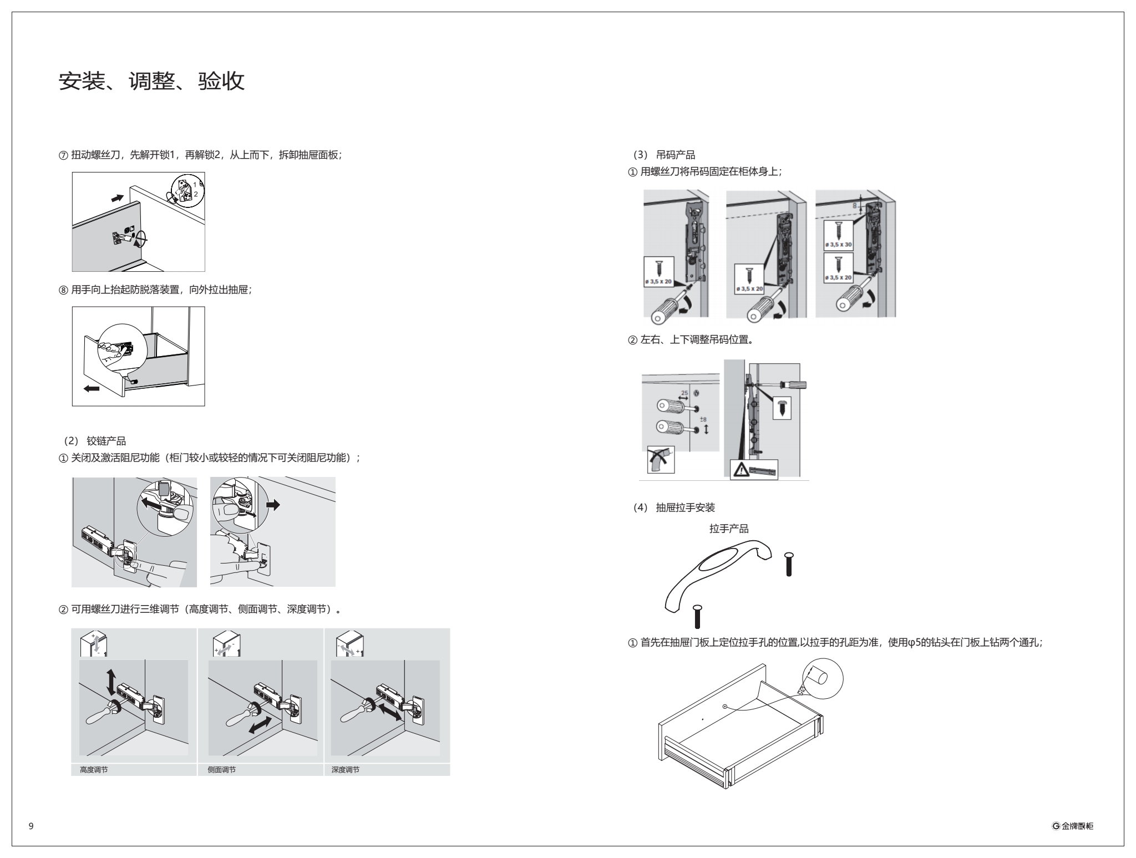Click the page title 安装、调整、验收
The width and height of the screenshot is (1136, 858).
point(151,82)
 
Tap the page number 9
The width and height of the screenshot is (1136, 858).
point(31,826)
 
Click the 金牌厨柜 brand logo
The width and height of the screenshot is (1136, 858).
point(1072,826)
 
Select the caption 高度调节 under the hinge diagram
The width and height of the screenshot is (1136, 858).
point(94,770)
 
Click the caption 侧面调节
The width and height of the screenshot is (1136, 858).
point(221,770)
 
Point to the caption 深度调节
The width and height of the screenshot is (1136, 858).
point(345,770)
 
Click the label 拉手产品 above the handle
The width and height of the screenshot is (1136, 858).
point(729,529)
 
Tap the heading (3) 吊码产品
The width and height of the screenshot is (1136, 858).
point(664,155)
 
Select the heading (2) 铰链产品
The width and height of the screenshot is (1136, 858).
point(95,441)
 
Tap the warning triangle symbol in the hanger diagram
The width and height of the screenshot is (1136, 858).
point(740,470)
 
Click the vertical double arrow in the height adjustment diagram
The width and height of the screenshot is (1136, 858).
point(111,682)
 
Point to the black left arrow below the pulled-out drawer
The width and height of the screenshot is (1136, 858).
point(92,389)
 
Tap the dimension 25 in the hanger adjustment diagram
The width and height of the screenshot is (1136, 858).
point(684,393)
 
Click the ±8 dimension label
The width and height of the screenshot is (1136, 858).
point(703,419)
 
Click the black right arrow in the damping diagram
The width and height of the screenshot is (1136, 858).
point(273,505)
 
